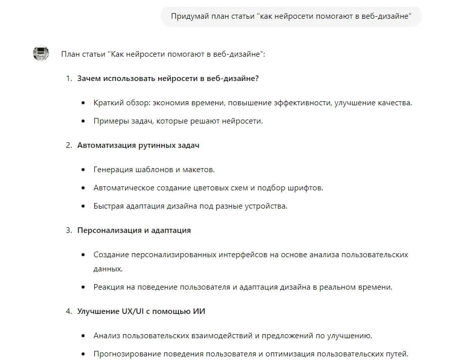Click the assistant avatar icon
[x=41, y=53]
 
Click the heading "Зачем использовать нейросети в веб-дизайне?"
[x=168, y=78]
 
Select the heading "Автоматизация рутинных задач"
[x=138, y=145]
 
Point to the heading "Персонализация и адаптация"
[x=134, y=230]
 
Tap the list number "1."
[x=69, y=78]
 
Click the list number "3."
[x=69, y=230]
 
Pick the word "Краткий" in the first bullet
[x=107, y=103]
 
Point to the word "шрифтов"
[x=304, y=188]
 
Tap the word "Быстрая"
[x=108, y=206]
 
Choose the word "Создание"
[x=110, y=255]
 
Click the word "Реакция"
[x=108, y=287]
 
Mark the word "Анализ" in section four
[x=106, y=335]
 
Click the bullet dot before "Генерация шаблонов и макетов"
[x=83, y=170]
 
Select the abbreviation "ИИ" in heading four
[x=199, y=311]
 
